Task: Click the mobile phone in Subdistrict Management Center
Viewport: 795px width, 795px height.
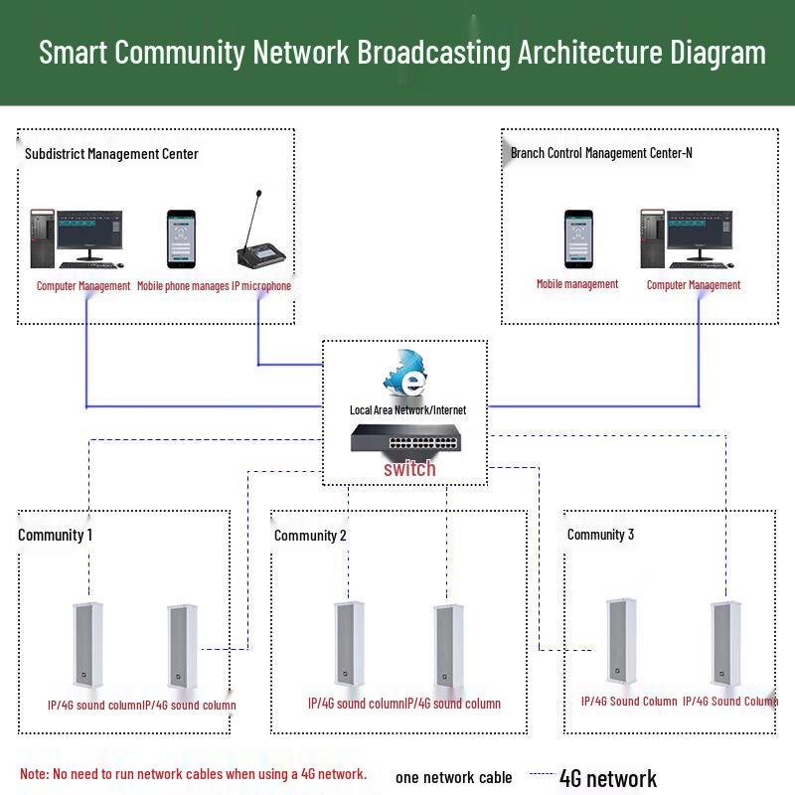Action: [180, 238]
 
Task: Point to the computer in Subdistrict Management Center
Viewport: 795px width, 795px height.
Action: [78, 238]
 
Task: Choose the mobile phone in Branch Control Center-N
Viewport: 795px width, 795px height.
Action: [578, 238]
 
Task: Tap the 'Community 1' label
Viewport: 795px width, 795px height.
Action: [56, 535]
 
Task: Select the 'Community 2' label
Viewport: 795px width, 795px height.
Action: [310, 536]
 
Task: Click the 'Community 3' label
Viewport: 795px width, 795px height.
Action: [600, 535]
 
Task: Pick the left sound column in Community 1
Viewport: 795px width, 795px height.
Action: [89, 645]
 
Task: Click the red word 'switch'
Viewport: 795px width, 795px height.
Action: [409, 469]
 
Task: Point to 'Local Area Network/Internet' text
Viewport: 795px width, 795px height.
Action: [407, 409]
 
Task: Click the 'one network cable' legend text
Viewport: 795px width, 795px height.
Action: [454, 778]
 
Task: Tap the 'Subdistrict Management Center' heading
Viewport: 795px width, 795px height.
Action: [111, 154]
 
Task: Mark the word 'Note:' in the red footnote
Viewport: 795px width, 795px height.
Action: [35, 774]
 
